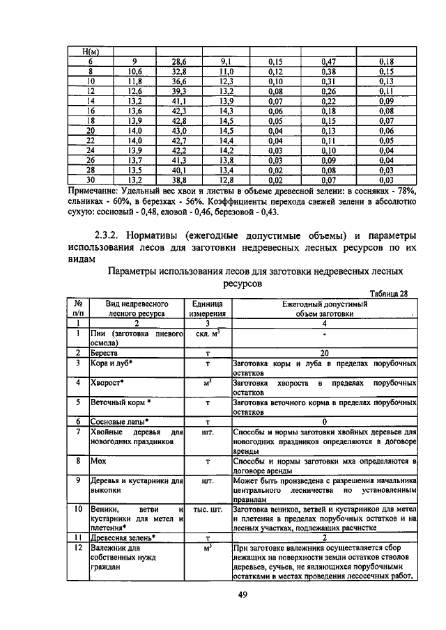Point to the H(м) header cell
(90, 52)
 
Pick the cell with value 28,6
(179, 61)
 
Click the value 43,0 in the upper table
(179, 130)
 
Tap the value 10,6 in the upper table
(134, 71)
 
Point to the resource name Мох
(98, 461)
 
